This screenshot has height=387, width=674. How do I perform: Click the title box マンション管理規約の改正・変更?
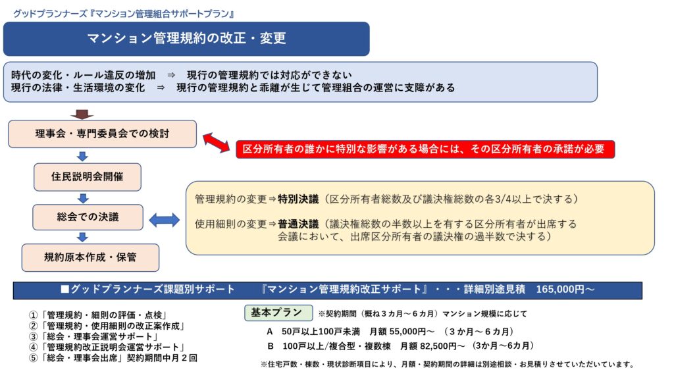tap(186, 38)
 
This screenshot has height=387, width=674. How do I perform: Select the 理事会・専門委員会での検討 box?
tap(102, 134)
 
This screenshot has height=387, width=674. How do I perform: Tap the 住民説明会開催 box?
tap(87, 177)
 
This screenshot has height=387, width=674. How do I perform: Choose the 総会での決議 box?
tap(87, 217)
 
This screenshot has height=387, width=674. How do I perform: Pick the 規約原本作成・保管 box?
tap(90, 257)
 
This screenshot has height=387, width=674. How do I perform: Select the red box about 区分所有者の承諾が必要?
tap(425, 149)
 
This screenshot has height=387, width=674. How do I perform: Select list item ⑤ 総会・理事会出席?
tap(113, 358)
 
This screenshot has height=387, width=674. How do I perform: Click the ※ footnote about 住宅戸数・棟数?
tap(447, 364)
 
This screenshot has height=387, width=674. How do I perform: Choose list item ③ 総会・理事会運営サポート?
tap(98, 336)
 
